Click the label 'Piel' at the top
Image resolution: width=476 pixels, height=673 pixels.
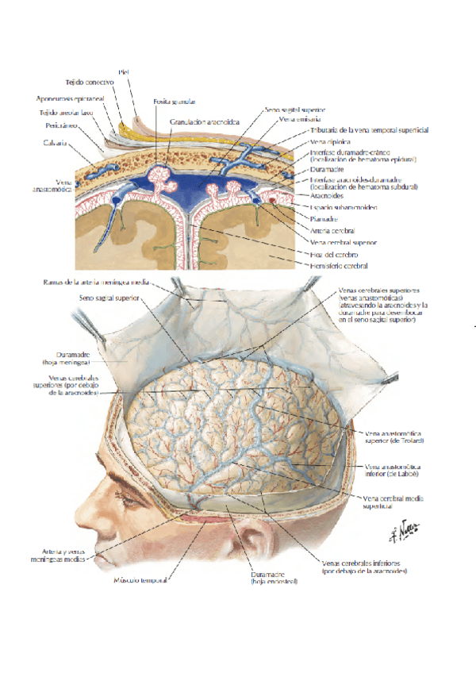[123, 71]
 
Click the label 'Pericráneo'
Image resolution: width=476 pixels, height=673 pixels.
[60, 125]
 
